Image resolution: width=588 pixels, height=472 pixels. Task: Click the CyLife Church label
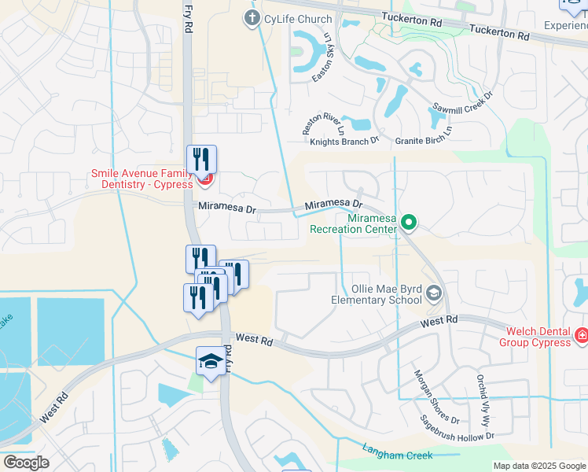coord(298,19)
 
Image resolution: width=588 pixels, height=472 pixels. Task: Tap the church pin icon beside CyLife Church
coord(252,18)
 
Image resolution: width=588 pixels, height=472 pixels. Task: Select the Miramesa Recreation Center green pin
coord(408,223)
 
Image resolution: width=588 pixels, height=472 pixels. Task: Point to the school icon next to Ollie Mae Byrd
coord(433,294)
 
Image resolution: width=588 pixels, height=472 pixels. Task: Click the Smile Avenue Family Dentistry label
coord(141,179)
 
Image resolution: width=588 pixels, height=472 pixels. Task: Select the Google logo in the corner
coord(26,462)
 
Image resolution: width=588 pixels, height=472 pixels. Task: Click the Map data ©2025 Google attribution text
coord(539,466)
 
